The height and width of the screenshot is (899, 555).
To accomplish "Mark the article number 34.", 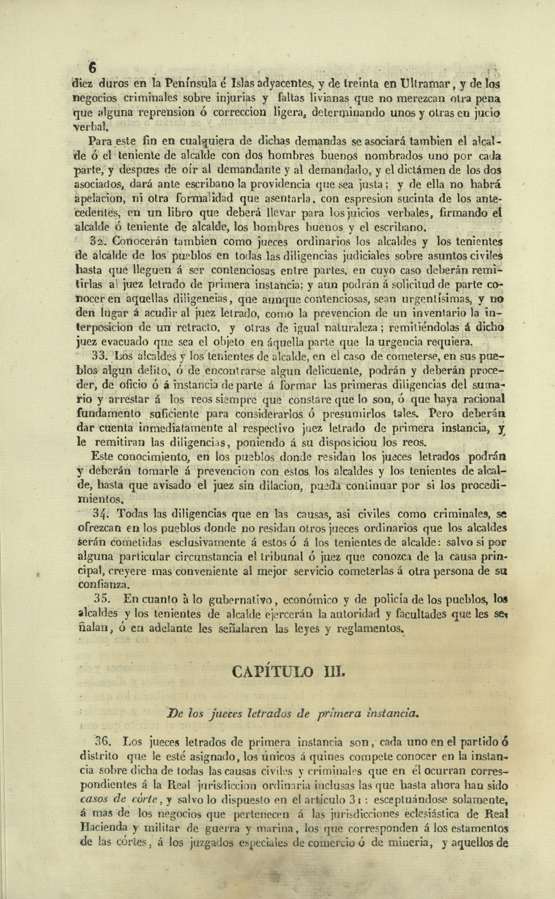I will coord(100,513).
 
